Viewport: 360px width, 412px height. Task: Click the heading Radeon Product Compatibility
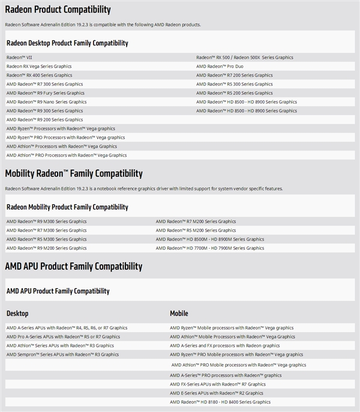[58, 10]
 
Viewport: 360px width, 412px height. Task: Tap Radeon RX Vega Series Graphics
[39, 67]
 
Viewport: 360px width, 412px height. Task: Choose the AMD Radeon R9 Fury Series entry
[46, 93]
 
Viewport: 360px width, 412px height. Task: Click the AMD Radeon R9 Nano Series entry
[46, 102]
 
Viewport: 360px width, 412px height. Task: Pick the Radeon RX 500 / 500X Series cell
[245, 58]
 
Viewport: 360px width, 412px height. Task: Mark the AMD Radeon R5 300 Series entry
[234, 84]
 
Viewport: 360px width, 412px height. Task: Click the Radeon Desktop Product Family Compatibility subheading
[67, 43]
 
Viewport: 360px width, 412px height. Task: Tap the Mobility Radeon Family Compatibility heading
[74, 174]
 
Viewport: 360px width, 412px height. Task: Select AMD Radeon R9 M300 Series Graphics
[46, 222]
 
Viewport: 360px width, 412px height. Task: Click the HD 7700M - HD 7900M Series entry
[209, 248]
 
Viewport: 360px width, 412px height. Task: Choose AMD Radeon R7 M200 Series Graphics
[196, 222]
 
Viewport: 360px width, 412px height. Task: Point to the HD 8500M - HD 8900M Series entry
[209, 239]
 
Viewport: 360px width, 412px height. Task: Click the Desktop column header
[17, 314]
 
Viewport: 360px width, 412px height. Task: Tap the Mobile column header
[179, 314]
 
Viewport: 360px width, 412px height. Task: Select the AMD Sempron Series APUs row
[62, 354]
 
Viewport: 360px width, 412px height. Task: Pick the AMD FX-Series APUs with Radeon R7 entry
[217, 384]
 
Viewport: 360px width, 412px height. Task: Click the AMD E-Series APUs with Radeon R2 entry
[217, 393]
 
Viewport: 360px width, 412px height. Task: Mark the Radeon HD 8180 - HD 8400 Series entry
[220, 402]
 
